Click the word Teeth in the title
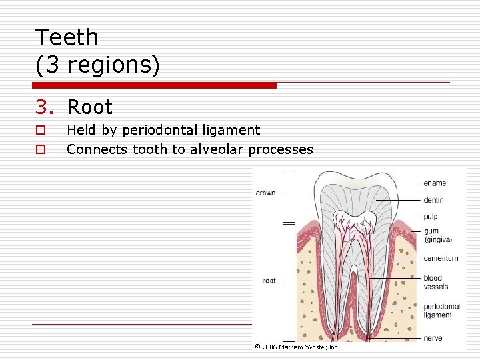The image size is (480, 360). [66, 37]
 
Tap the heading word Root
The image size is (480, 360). [90, 107]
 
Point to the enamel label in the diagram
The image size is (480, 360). [435, 183]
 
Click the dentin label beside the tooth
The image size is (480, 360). [433, 200]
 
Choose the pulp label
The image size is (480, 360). [431, 216]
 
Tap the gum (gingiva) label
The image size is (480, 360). [437, 235]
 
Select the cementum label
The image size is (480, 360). [441, 258]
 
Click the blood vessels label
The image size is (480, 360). [435, 282]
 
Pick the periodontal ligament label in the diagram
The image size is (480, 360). [440, 311]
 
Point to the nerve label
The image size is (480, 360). [432, 338]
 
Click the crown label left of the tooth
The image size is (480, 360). [265, 193]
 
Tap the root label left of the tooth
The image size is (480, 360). [269, 281]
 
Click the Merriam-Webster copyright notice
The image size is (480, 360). [297, 347]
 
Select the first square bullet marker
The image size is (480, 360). [41, 131]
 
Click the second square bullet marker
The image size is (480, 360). [41, 150]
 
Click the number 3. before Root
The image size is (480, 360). [45, 107]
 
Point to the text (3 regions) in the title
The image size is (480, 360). [97, 65]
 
